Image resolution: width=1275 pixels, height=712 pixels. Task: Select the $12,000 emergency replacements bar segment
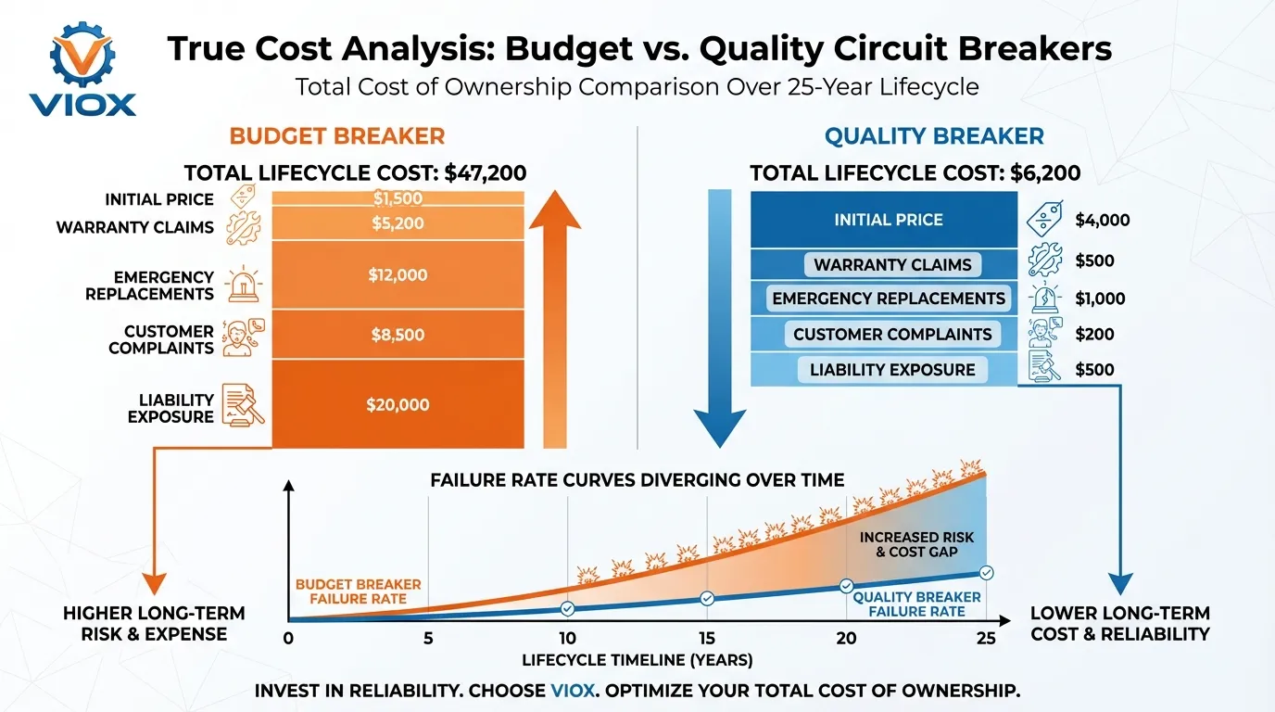[398, 274]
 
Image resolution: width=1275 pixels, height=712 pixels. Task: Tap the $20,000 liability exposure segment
[398, 404]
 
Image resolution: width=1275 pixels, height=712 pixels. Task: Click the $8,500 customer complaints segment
[398, 335]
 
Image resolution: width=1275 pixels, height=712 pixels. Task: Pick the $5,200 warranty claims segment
[398, 222]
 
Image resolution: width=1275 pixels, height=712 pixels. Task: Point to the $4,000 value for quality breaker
[1102, 221]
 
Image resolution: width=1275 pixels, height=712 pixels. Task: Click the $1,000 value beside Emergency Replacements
[1100, 299]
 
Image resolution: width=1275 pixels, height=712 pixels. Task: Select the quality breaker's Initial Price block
[888, 220]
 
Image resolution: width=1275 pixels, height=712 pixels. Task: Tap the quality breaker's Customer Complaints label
[891, 334]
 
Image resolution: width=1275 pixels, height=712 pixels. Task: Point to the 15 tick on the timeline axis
[707, 639]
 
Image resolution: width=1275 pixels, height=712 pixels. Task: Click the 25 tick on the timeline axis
[986, 639]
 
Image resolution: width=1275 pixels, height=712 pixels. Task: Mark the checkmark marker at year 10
[567, 608]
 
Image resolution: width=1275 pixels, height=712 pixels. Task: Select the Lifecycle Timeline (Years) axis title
[637, 661]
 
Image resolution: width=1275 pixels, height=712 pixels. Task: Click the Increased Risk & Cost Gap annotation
[916, 544]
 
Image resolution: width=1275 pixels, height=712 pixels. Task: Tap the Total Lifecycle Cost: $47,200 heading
[355, 172]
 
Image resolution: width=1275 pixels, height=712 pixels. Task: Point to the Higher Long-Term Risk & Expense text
[154, 624]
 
